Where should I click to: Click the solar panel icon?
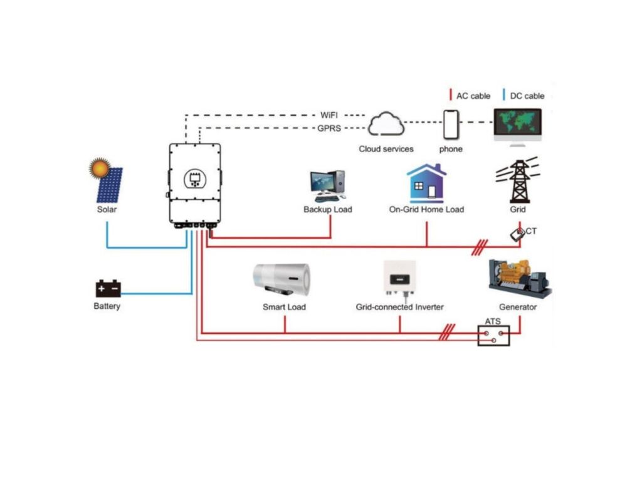tap(107, 181)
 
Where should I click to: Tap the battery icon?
tap(108, 289)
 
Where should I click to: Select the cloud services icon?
tap(386, 125)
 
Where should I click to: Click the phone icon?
tap(451, 125)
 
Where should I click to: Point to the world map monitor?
tap(517, 123)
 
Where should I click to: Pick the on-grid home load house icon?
tap(426, 182)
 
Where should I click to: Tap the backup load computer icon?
tap(328, 185)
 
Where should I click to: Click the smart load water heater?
tap(282, 279)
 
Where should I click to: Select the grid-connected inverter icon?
tap(399, 277)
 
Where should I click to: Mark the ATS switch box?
tap(493, 336)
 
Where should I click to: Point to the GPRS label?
tap(329, 128)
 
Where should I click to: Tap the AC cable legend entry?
tap(470, 96)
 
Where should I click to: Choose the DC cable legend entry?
tap(524, 96)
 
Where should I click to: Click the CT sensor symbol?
tap(518, 235)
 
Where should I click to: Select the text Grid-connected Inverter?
tap(399, 308)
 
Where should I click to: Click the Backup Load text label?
tap(328, 209)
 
